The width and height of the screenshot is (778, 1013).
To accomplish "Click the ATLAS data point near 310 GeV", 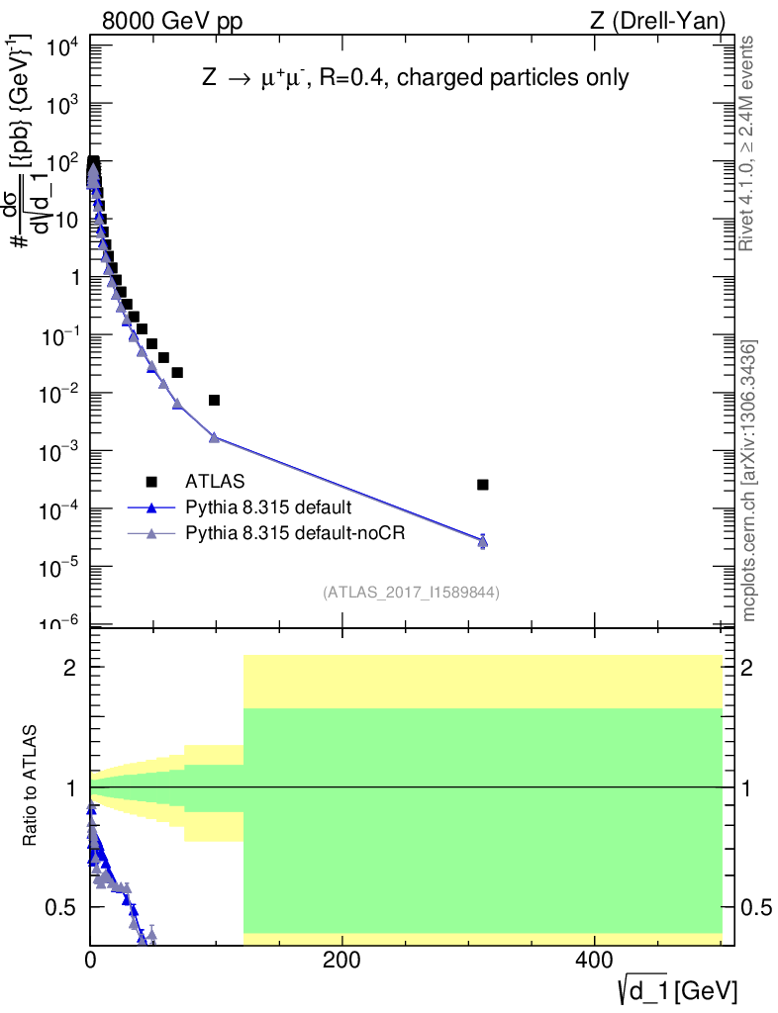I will click(482, 485).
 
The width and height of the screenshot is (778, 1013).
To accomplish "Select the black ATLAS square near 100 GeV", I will click(214, 401).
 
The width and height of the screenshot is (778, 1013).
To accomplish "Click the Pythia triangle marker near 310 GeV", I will click(482, 541).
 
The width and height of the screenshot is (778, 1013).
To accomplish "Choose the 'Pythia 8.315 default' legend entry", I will click(267, 508).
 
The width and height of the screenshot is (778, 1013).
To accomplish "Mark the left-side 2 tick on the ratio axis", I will click(72, 668).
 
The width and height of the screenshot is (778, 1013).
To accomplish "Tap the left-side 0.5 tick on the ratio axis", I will click(65, 907).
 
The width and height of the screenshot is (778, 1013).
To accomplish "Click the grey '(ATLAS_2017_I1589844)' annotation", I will click(410, 593).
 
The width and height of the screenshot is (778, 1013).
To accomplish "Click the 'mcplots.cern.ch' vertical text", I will click(749, 554).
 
